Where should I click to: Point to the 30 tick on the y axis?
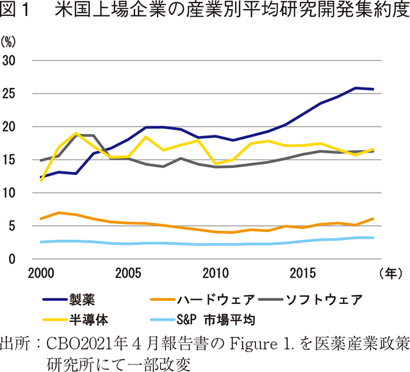coord(11,60)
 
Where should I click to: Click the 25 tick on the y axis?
coord(11,94)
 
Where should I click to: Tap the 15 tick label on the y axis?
coord(11,160)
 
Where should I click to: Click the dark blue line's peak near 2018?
coord(356,88)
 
